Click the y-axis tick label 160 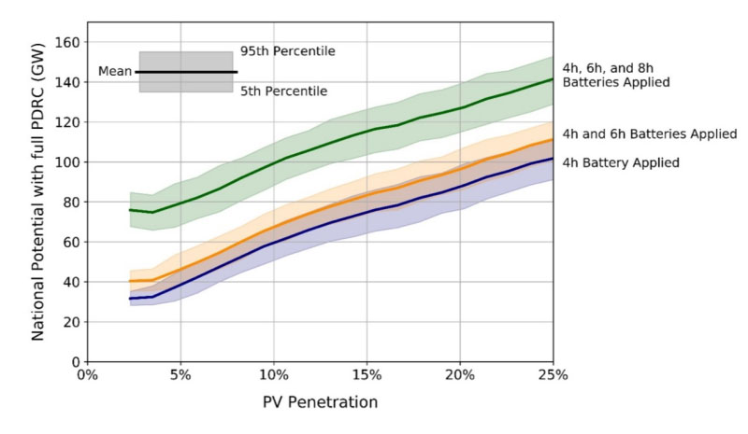(65, 42)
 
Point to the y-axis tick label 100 (65, 162)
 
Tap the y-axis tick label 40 (69, 282)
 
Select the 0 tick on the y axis (73, 362)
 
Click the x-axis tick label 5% (179, 376)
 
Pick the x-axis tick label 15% (366, 376)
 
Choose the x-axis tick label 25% (553, 376)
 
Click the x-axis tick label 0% (86, 376)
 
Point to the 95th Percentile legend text (287, 50)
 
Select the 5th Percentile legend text (283, 91)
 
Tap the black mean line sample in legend (186, 72)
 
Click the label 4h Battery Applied (620, 162)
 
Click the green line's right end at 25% (553, 79)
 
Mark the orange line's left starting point (129, 281)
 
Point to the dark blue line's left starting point (129, 299)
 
